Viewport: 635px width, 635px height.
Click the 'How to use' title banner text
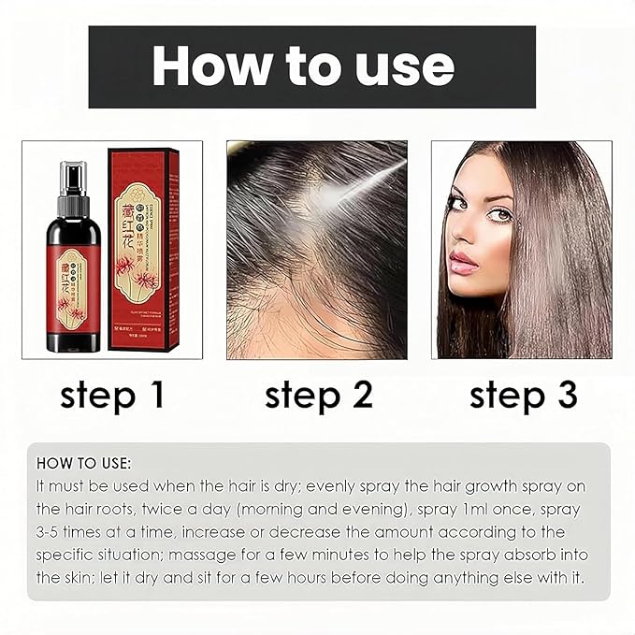pyautogui.click(x=303, y=66)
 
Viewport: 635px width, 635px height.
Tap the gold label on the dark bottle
pyautogui.click(x=70, y=280)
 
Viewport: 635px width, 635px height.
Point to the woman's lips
pyautogui.click(x=465, y=259)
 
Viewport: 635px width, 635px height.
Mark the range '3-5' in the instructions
pyautogui.click(x=51, y=532)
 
